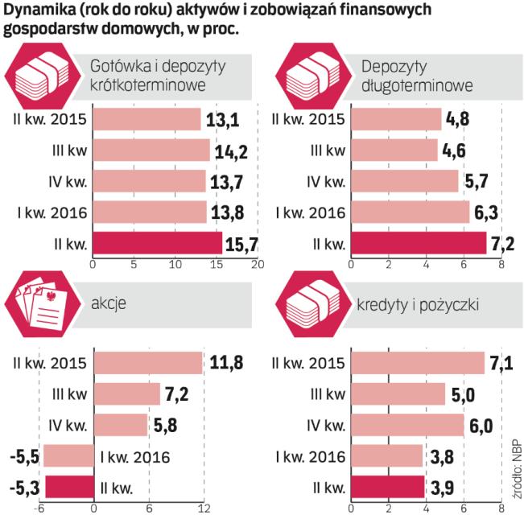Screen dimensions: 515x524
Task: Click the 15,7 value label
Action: coord(242,242)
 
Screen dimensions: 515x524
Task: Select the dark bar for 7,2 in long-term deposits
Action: coord(419,242)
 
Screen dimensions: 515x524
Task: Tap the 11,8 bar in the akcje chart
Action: coord(148,364)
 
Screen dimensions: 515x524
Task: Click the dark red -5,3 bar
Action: coord(68,487)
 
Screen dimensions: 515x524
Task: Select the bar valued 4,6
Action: coord(395,150)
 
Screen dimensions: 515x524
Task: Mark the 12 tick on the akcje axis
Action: coord(204,508)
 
